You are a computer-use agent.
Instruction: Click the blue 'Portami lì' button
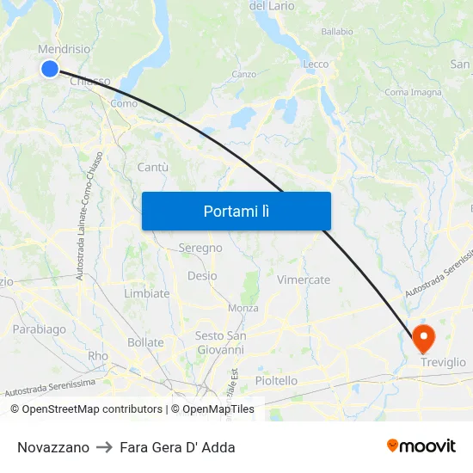pyautogui.click(x=236, y=211)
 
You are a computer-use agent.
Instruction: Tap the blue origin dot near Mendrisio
pyautogui.click(x=50, y=68)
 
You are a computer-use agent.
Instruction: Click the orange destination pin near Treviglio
pyautogui.click(x=424, y=337)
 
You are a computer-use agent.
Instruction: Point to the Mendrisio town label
pyautogui.click(x=64, y=49)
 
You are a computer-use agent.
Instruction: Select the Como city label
pyautogui.click(x=124, y=103)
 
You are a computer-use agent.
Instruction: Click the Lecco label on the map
pyautogui.click(x=316, y=64)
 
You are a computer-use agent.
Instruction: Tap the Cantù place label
pyautogui.click(x=153, y=167)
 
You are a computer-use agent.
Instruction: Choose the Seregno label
pyautogui.click(x=200, y=248)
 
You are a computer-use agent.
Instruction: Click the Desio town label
pyautogui.click(x=202, y=276)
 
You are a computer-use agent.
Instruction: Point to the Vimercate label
pyautogui.click(x=304, y=279)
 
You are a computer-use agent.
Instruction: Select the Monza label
pyautogui.click(x=243, y=308)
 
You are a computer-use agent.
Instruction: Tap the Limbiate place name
pyautogui.click(x=147, y=293)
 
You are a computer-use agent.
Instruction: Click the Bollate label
pyautogui.click(x=145, y=342)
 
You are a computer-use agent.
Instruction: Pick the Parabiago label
pyautogui.click(x=39, y=329)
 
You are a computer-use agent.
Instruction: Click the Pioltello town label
pyautogui.click(x=276, y=380)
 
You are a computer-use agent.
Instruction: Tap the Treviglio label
pyautogui.click(x=443, y=362)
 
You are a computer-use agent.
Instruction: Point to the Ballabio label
pyautogui.click(x=337, y=32)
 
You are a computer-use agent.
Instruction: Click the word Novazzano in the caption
pyautogui.click(x=53, y=446)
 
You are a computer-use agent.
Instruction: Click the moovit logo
pyautogui.click(x=421, y=445)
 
